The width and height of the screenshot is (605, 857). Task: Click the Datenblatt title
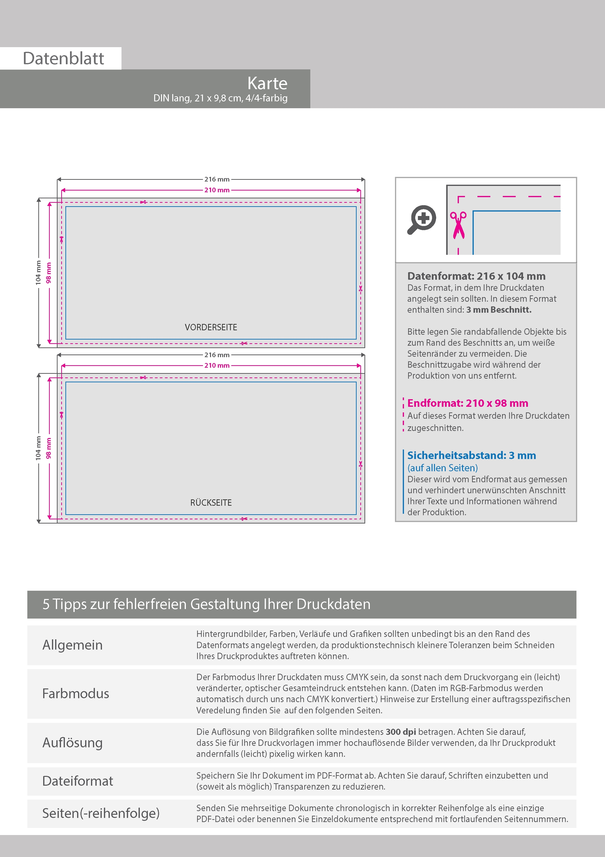tap(63, 59)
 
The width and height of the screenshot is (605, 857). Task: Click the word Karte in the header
tap(267, 83)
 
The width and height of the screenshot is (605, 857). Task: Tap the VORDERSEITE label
tap(211, 327)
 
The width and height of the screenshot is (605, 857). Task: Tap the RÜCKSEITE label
tap(211, 503)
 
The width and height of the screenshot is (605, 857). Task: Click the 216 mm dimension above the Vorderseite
tap(217, 179)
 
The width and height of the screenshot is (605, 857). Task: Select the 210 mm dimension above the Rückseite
tap(217, 365)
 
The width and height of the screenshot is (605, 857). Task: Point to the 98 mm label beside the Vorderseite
tap(49, 273)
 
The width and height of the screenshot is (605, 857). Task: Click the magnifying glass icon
tap(422, 219)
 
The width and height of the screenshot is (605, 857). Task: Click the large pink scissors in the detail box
tap(458, 225)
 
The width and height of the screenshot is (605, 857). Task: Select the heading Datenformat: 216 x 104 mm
tap(476, 276)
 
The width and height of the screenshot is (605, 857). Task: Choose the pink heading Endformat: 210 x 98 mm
tap(467, 403)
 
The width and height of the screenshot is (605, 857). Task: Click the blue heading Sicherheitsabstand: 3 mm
tap(472, 455)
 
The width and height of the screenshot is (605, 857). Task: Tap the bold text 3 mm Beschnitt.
tap(499, 310)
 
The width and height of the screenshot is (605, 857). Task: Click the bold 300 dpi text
tap(401, 732)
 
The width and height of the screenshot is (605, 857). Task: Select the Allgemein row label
tap(72, 645)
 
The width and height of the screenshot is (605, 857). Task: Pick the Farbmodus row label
tap(76, 694)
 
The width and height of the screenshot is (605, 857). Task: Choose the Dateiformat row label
tap(78, 781)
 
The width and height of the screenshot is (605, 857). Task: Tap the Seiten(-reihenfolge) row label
tap(101, 813)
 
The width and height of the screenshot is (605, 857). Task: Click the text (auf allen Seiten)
tap(443, 468)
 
